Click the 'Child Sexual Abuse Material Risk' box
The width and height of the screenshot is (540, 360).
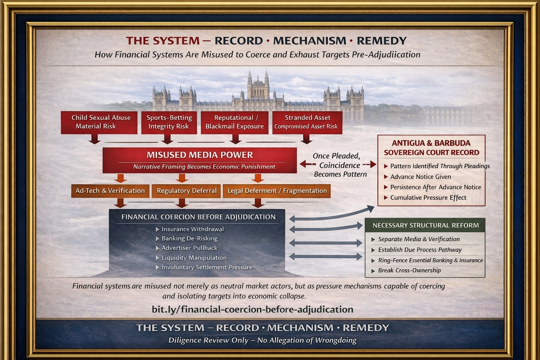(x=99, y=122)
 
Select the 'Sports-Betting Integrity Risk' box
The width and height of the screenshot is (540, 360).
(x=169, y=122)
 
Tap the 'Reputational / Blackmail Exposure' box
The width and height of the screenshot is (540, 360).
(x=234, y=122)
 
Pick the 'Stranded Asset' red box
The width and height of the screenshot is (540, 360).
(x=307, y=122)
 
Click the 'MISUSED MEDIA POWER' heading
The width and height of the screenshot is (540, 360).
(x=200, y=155)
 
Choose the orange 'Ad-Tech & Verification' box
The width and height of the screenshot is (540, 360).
(x=110, y=191)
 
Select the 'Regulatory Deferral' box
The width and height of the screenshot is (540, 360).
(x=186, y=191)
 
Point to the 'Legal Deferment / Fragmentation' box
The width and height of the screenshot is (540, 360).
(x=277, y=191)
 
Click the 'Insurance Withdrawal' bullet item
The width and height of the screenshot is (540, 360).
(x=192, y=229)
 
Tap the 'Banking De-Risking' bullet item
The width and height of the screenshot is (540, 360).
(x=189, y=239)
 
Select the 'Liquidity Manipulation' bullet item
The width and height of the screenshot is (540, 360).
(x=194, y=258)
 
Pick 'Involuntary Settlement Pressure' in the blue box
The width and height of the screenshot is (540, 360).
(x=207, y=267)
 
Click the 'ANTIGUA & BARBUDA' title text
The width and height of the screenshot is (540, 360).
(x=431, y=143)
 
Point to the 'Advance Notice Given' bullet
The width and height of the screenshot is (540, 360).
(x=420, y=177)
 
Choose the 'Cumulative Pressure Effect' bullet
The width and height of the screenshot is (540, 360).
(x=428, y=198)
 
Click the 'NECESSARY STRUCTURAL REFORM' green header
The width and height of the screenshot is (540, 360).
(x=425, y=225)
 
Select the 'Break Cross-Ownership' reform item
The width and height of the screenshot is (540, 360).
(x=409, y=270)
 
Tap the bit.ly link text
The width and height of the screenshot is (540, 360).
(x=252, y=309)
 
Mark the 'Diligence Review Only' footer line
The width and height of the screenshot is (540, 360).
(x=262, y=340)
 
